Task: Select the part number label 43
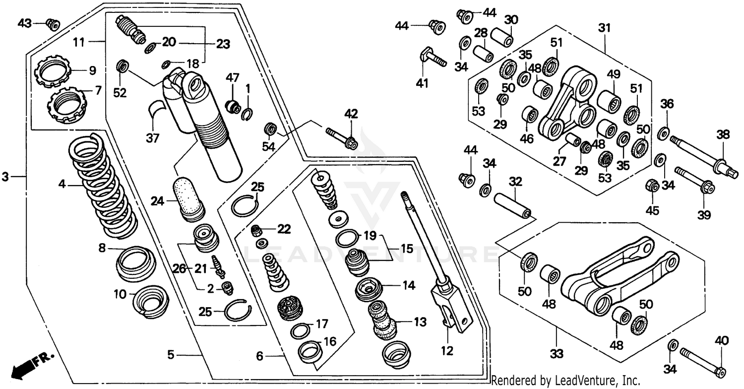[x=25, y=23]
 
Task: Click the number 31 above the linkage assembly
[x=604, y=29]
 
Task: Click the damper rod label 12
[x=447, y=351]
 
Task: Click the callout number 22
[x=283, y=228]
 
